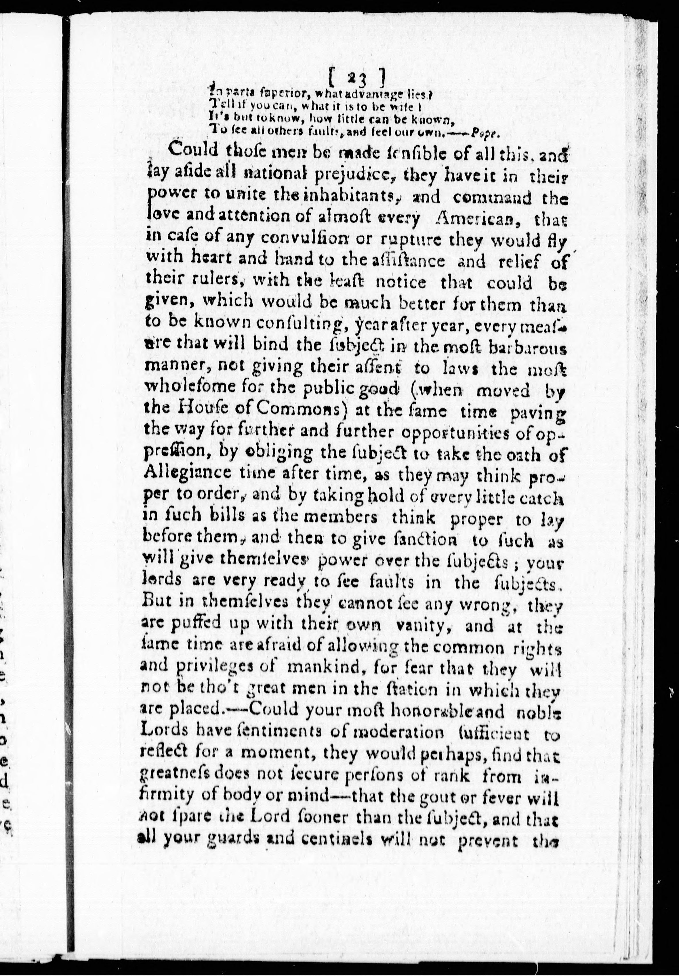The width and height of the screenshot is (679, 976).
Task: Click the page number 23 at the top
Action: tap(357, 78)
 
